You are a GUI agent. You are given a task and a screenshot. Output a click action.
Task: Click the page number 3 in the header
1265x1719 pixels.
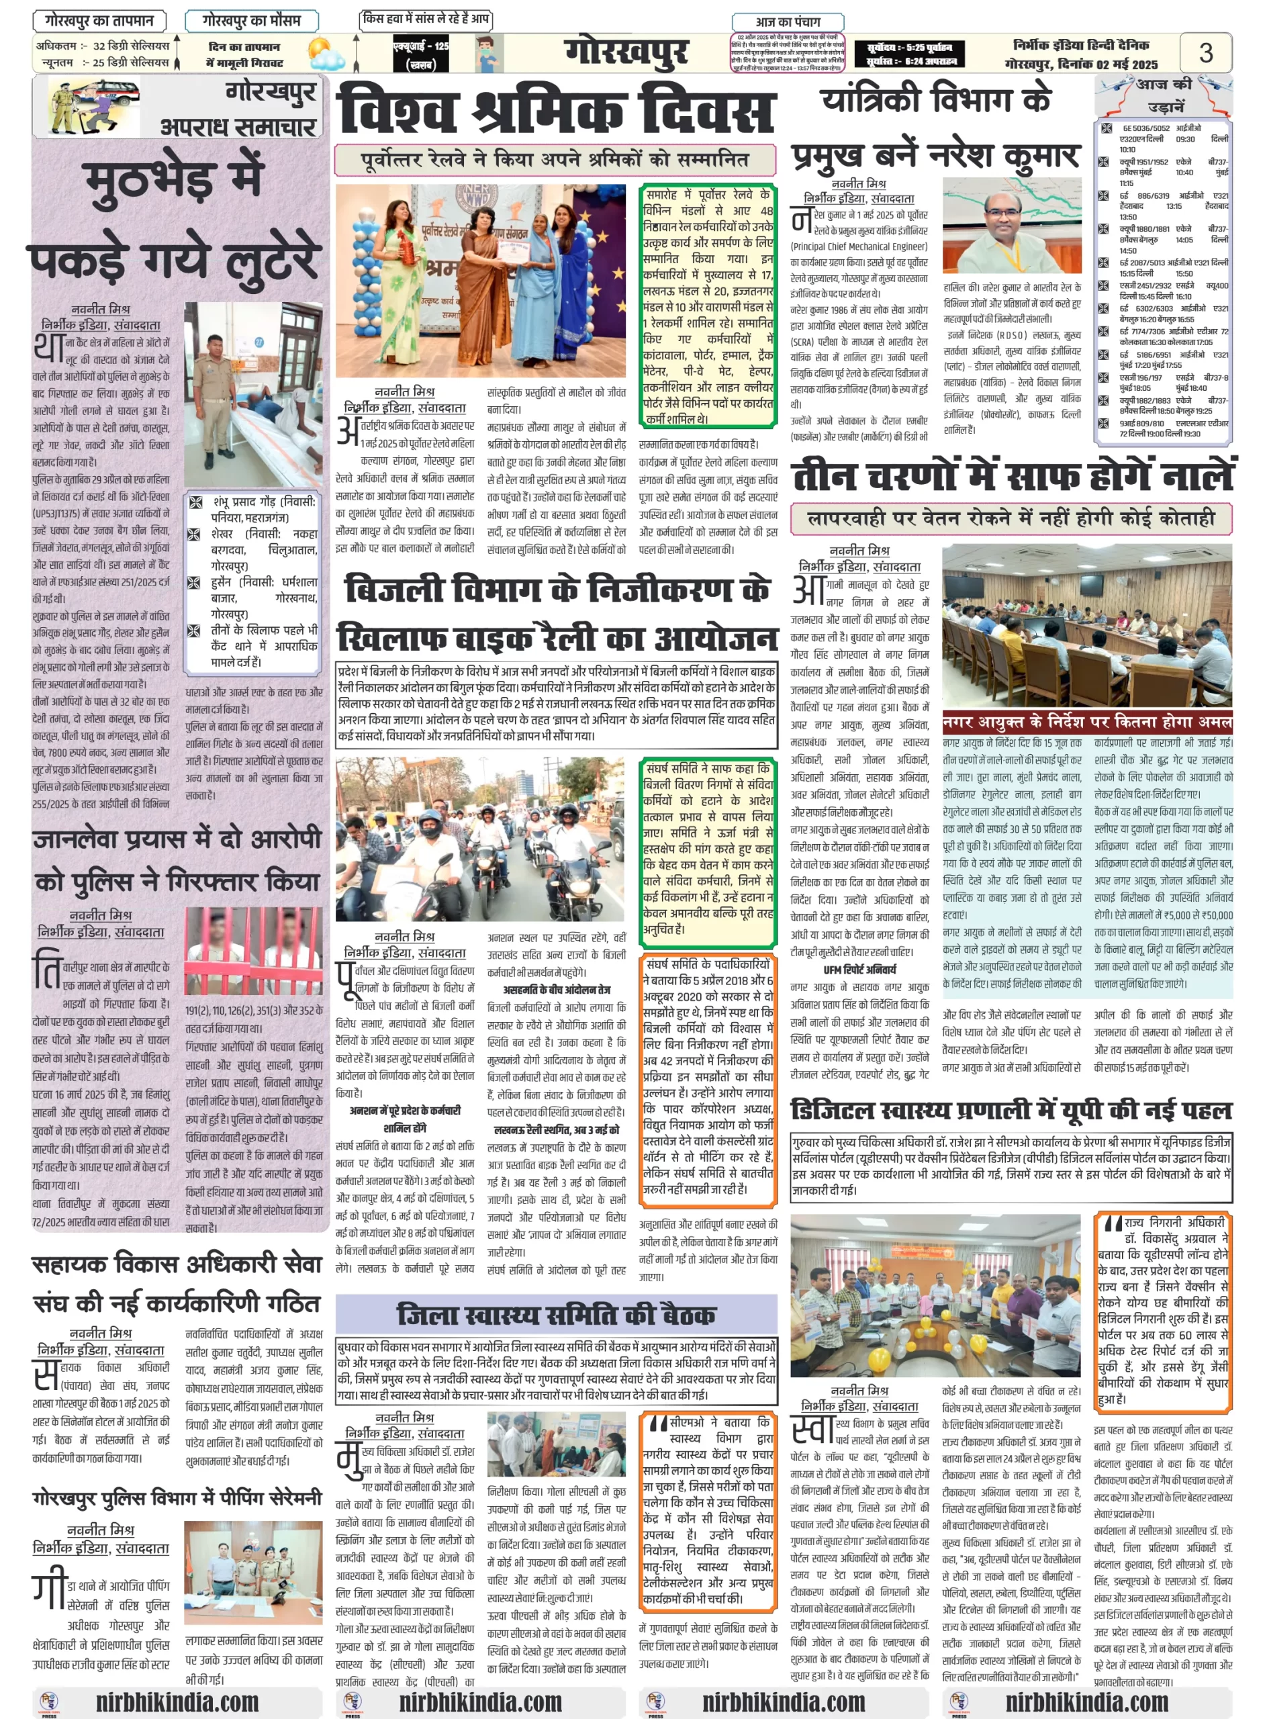tap(1205, 53)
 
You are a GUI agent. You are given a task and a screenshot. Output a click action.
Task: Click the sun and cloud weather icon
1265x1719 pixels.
tap(326, 54)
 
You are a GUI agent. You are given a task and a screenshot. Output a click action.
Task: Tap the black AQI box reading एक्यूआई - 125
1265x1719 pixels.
tap(420, 54)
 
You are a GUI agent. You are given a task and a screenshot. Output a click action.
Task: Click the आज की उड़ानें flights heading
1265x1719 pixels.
tap(1164, 95)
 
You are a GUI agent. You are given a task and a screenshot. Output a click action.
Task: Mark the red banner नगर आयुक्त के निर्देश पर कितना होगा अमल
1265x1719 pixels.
tap(1086, 722)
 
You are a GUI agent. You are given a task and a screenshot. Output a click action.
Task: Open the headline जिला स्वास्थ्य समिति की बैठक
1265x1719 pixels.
tap(556, 1314)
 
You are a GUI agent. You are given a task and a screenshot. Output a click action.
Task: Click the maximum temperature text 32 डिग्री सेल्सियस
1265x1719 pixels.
tap(131, 46)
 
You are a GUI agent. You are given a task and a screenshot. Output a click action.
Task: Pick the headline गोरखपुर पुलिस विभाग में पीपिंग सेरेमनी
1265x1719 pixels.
tap(177, 1497)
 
